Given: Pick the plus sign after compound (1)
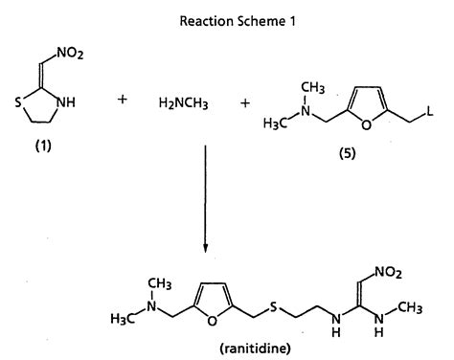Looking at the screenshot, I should [x=122, y=99].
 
